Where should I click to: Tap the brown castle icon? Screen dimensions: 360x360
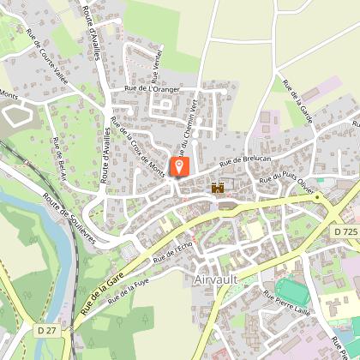point(218,188)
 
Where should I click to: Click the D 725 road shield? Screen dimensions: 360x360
point(345,231)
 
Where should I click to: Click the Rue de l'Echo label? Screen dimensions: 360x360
point(172,252)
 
